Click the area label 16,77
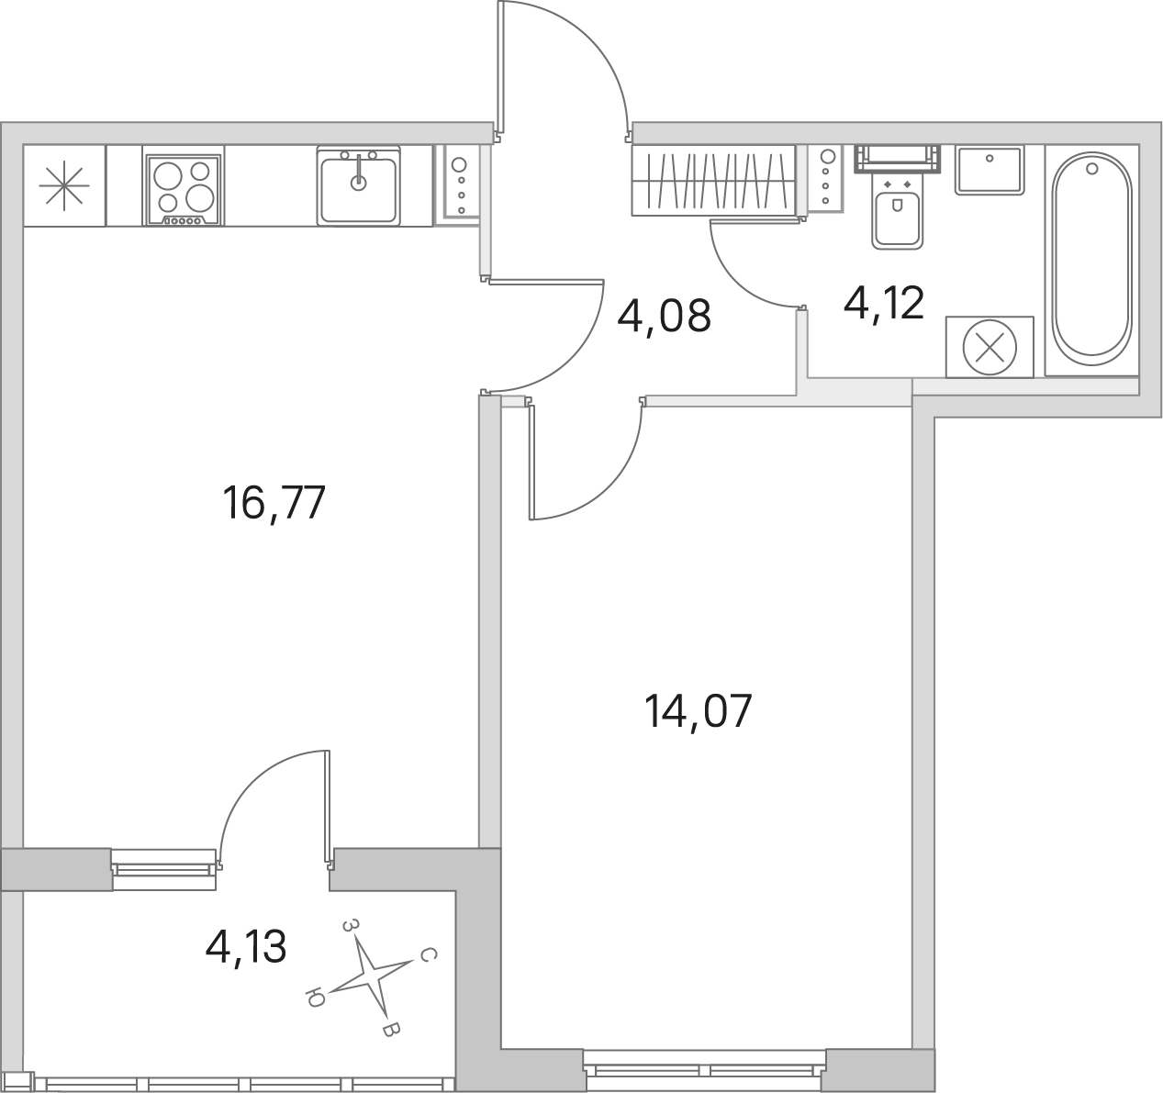(x=274, y=504)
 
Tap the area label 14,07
(x=698, y=711)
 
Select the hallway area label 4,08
(x=664, y=316)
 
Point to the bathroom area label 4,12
(x=884, y=302)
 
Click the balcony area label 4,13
(x=246, y=947)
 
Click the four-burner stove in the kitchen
(x=184, y=190)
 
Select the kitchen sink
(x=358, y=186)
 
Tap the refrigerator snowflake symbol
(x=64, y=185)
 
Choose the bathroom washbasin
(x=990, y=171)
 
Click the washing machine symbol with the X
(x=990, y=347)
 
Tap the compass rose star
(x=370, y=976)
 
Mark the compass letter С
(x=428, y=955)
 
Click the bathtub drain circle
(x=1091, y=169)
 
